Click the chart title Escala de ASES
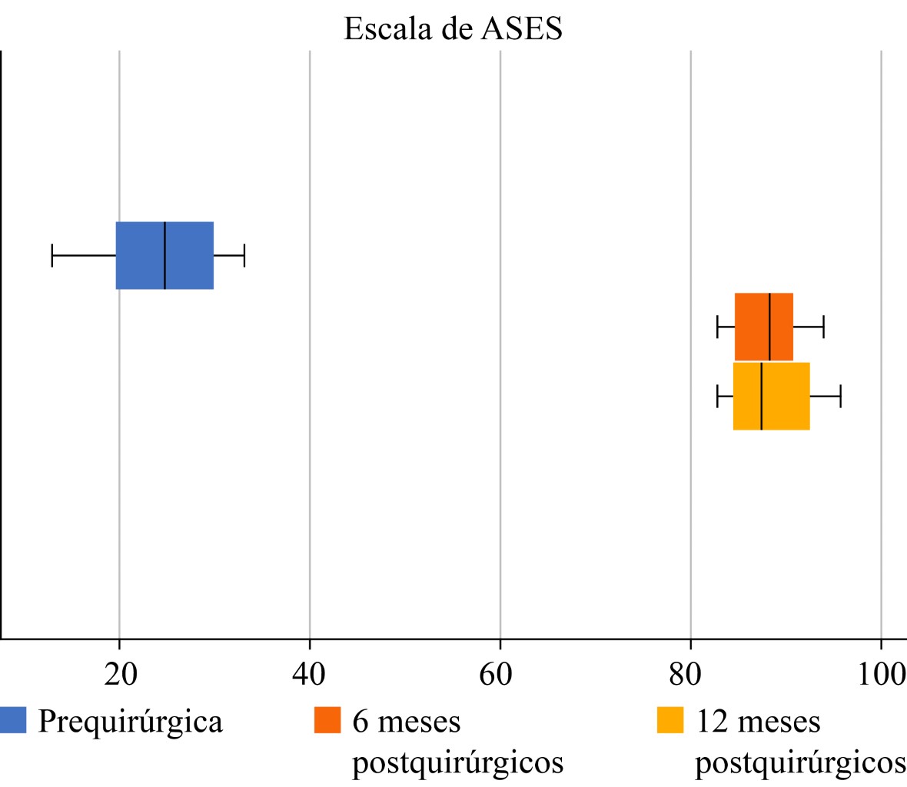click(453, 29)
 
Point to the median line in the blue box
click(164, 255)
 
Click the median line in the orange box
click(769, 327)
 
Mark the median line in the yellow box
click(761, 396)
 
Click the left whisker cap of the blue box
click(52, 255)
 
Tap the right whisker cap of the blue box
click(244, 255)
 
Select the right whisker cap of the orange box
click(824, 327)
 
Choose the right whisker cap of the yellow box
click(841, 396)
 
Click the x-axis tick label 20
click(120, 674)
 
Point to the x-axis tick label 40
click(309, 674)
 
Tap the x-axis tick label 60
click(500, 674)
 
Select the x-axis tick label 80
click(690, 674)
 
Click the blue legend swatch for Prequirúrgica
click(13, 720)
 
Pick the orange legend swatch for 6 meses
click(327, 720)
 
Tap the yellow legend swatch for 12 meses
click(670, 720)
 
